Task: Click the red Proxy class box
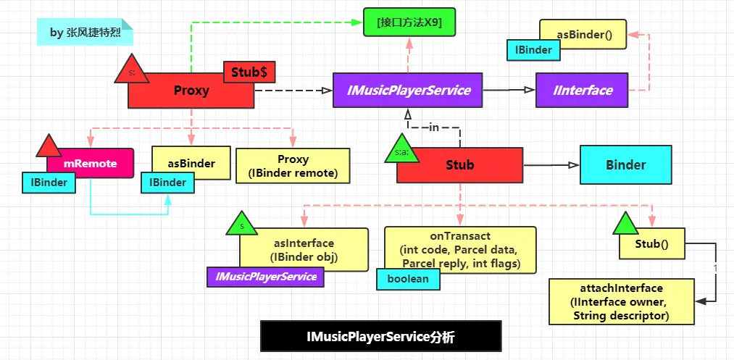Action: click(x=191, y=91)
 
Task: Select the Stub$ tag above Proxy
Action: click(x=249, y=72)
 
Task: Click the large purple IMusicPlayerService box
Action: click(x=408, y=91)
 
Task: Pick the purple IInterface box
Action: click(x=582, y=91)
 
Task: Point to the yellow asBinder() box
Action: click(x=583, y=33)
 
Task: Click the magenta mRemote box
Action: click(x=91, y=164)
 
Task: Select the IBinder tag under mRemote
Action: click(x=49, y=183)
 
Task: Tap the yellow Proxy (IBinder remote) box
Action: click(x=293, y=166)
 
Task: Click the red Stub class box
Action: click(x=459, y=165)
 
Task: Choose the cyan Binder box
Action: click(x=625, y=165)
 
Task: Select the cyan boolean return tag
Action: click(x=407, y=279)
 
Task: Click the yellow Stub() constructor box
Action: click(x=651, y=244)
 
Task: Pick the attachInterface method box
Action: click(x=621, y=301)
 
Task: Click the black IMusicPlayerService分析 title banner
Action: click(x=380, y=337)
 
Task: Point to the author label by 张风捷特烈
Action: click(x=86, y=33)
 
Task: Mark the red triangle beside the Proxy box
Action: click(x=131, y=70)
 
